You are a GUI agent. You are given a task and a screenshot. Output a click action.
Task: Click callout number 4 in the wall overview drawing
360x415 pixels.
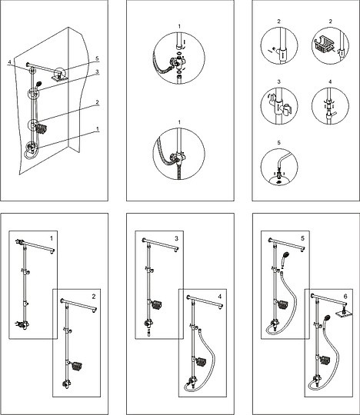(10, 62)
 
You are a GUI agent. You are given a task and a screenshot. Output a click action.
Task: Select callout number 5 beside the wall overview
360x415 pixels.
(97, 58)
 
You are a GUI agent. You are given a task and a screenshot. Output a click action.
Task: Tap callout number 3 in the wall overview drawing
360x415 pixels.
(97, 71)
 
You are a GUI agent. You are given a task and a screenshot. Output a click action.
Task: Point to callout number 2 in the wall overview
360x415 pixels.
(97, 102)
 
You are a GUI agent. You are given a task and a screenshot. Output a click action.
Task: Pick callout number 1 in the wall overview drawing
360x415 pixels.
(98, 129)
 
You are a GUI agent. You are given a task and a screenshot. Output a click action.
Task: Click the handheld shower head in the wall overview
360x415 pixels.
(39, 84)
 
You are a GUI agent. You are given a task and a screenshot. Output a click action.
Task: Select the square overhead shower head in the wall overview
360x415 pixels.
(58, 78)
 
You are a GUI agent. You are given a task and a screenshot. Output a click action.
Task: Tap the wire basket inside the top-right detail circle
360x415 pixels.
(322, 44)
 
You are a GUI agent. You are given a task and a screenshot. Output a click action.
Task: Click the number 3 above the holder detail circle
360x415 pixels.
(279, 81)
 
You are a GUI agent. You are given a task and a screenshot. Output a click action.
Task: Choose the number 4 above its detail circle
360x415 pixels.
(330, 81)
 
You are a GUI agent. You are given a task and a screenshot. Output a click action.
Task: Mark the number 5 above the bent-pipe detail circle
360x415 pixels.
(279, 143)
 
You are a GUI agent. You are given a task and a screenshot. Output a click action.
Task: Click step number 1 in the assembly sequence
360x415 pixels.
(52, 239)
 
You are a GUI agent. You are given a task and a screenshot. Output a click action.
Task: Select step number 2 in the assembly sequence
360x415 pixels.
(94, 297)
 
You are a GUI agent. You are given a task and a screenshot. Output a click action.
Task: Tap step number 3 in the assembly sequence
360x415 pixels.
(176, 239)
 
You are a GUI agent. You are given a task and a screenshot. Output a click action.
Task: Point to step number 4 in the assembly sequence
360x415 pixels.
(219, 297)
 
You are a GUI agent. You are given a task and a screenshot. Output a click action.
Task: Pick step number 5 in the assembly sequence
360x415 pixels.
(302, 239)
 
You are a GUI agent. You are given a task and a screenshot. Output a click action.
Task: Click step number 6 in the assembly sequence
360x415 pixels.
(345, 297)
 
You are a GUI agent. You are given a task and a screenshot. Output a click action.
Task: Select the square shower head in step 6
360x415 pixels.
(344, 314)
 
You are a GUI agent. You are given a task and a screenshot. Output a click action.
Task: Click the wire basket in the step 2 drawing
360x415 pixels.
(77, 366)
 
